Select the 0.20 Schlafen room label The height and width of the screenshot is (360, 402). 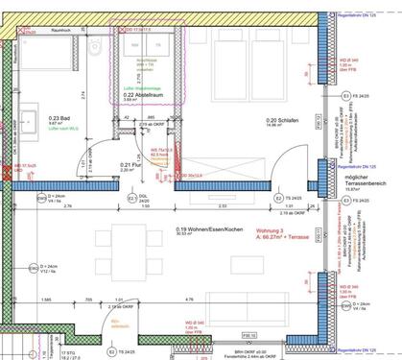click(252, 120)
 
